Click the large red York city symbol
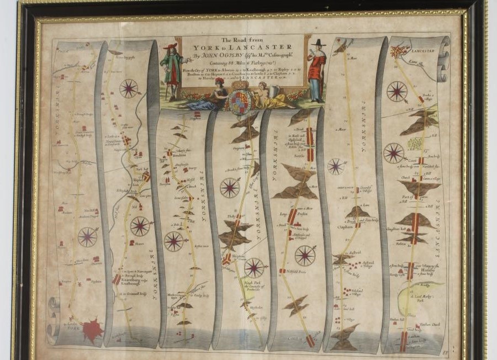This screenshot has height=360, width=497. point(92,330)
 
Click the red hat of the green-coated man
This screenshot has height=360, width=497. point(171,46)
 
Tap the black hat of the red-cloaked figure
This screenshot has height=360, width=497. point(318,42)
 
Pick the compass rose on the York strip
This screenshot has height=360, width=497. point(87,237)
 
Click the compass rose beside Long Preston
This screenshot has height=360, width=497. point(305,255)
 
